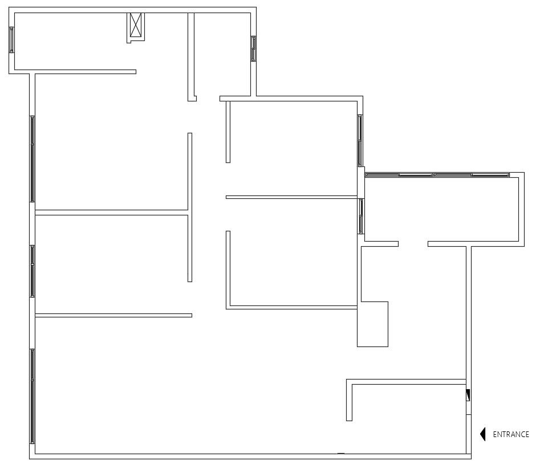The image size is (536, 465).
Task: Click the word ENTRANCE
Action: pyautogui.click(x=510, y=434)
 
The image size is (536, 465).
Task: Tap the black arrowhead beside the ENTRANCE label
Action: pyautogui.click(x=483, y=434)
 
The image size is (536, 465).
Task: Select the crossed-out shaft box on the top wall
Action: pyautogui.click(x=136, y=26)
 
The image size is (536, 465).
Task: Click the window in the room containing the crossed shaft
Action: pyautogui.click(x=11, y=40)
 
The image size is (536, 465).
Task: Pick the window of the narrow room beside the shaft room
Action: pyautogui.click(x=253, y=48)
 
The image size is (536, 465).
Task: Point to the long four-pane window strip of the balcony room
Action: pyautogui.click(x=437, y=175)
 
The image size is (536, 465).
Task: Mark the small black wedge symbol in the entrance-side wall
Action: pyautogui.click(x=468, y=395)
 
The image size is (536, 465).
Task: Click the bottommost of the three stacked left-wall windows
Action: pyautogui.click(x=33, y=396)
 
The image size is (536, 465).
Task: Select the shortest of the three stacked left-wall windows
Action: pyautogui.click(x=33, y=271)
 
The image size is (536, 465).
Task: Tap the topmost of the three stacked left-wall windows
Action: pyautogui.click(x=33, y=158)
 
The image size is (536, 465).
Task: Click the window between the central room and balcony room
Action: pyautogui.click(x=361, y=216)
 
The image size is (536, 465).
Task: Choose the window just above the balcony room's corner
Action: pyautogui.click(x=360, y=140)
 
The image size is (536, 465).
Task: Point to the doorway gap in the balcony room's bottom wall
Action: pyautogui.click(x=413, y=244)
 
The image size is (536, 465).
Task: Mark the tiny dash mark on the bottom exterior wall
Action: pyautogui.click(x=341, y=454)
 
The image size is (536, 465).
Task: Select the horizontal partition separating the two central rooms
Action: pyautogui.click(x=291, y=197)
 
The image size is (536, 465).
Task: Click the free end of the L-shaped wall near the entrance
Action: pyautogui.click(x=349, y=419)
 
